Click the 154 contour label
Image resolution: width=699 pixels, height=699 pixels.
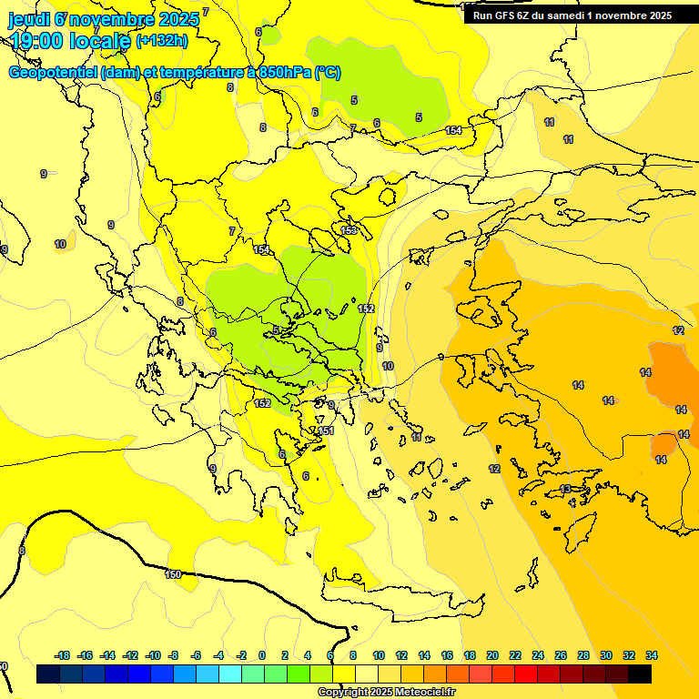pyautogui.click(x=453, y=131)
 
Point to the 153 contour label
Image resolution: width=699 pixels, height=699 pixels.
pyautogui.click(x=349, y=230)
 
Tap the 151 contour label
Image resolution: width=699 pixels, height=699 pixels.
pyautogui.click(x=327, y=431)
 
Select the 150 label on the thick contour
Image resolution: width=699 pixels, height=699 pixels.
pyautogui.click(x=173, y=574)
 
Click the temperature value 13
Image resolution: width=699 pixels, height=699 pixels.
pyautogui.click(x=565, y=489)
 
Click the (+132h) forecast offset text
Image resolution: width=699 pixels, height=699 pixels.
pyautogui.click(x=162, y=40)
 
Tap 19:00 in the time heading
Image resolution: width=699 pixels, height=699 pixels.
pyautogui.click(x=41, y=40)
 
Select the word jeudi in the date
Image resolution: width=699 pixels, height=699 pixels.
pyautogui.click(x=29, y=18)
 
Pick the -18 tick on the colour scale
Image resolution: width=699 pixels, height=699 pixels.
pyautogui.click(x=63, y=655)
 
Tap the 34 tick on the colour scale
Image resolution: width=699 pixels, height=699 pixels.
pyautogui.click(x=652, y=655)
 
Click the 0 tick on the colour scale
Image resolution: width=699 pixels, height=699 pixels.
pyautogui.click(x=262, y=655)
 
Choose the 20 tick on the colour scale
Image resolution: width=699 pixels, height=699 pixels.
pyautogui.click(x=492, y=655)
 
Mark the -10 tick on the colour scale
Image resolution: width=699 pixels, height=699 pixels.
pyautogui.click(x=153, y=655)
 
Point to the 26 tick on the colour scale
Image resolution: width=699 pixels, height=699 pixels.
pyautogui.click(x=561, y=655)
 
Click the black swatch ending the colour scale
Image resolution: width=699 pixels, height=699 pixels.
pyautogui.click(x=640, y=674)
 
